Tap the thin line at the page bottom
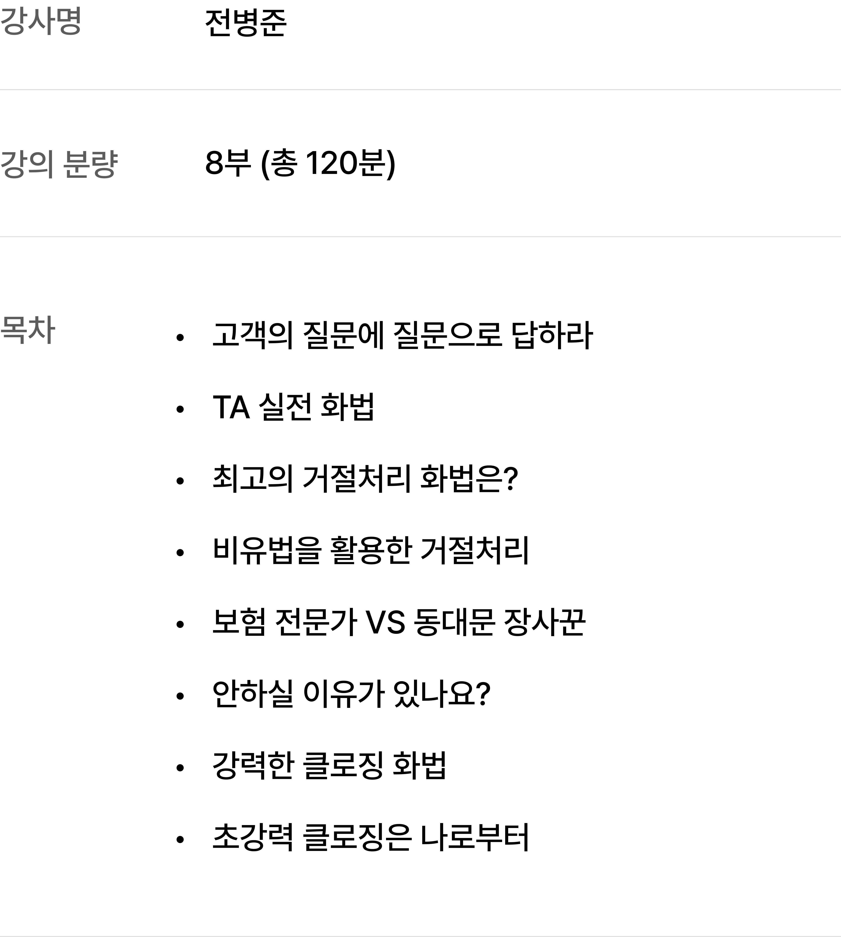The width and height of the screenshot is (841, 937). [420, 936]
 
